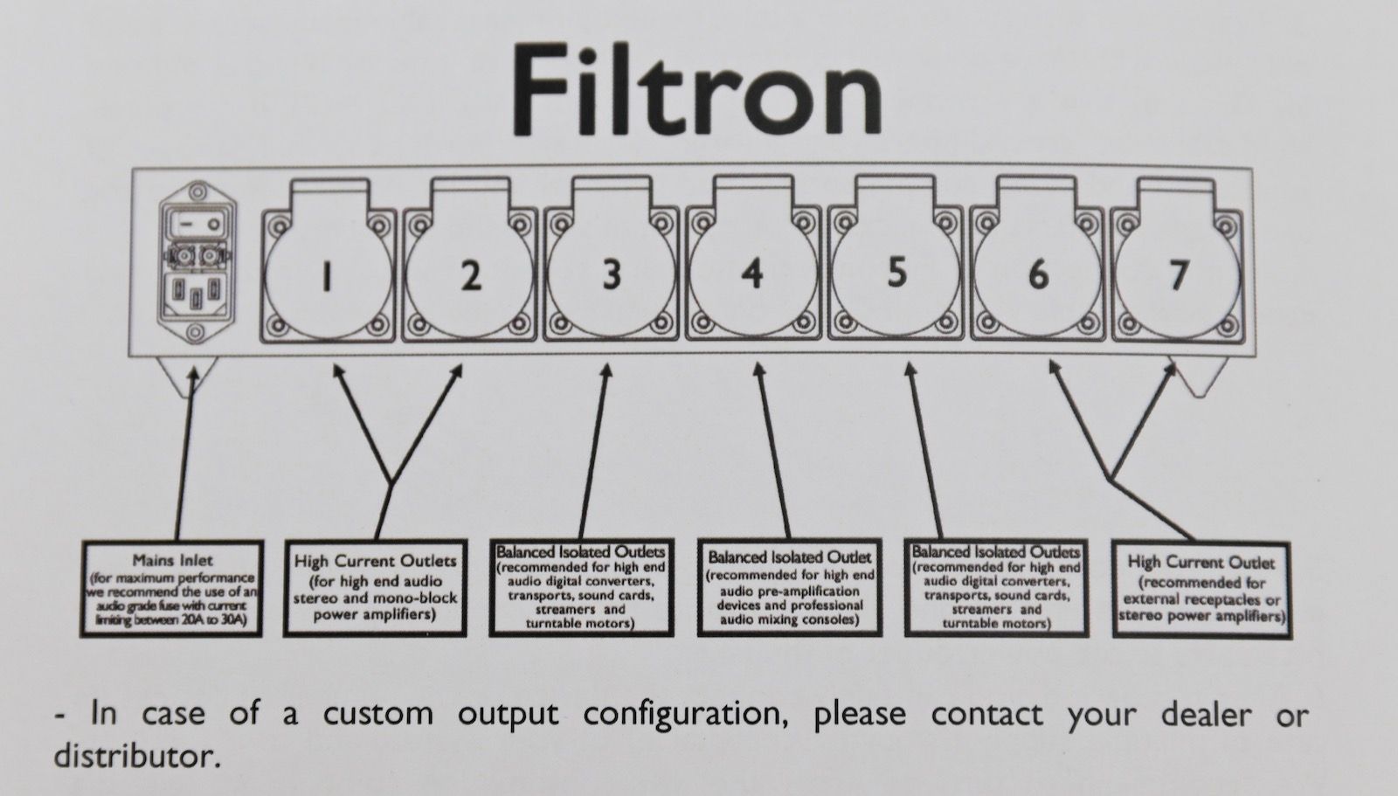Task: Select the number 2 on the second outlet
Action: click(x=470, y=277)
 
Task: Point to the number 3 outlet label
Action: click(x=612, y=274)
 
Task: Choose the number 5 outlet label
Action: click(x=897, y=273)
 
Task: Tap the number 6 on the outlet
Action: click(x=1038, y=275)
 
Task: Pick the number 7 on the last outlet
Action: click(x=1179, y=275)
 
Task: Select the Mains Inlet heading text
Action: click(x=172, y=560)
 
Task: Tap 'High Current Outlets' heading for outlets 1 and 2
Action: click(x=375, y=561)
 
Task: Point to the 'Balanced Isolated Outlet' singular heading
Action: click(x=789, y=557)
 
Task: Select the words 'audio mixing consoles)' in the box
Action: click(x=789, y=619)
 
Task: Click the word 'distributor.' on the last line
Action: click(x=135, y=755)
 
